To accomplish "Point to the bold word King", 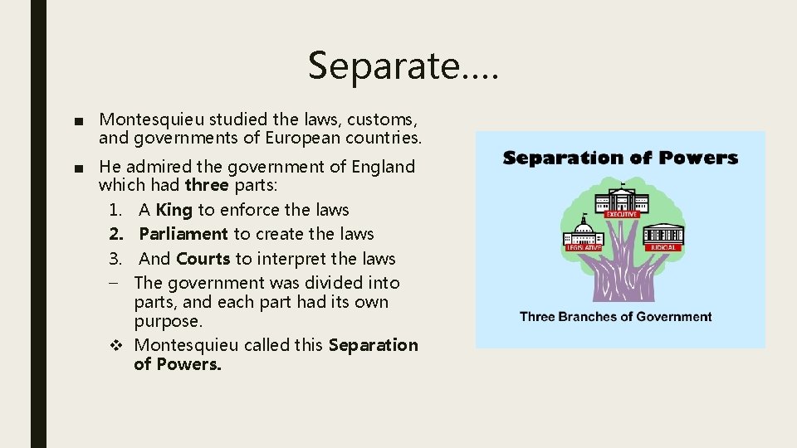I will click(x=174, y=210).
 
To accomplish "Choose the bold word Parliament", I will click(x=183, y=234).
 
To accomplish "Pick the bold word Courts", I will click(x=203, y=258).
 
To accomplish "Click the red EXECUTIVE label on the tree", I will click(x=621, y=214).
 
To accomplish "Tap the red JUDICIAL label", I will click(x=663, y=246).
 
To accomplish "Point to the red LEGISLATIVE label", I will click(x=584, y=247).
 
